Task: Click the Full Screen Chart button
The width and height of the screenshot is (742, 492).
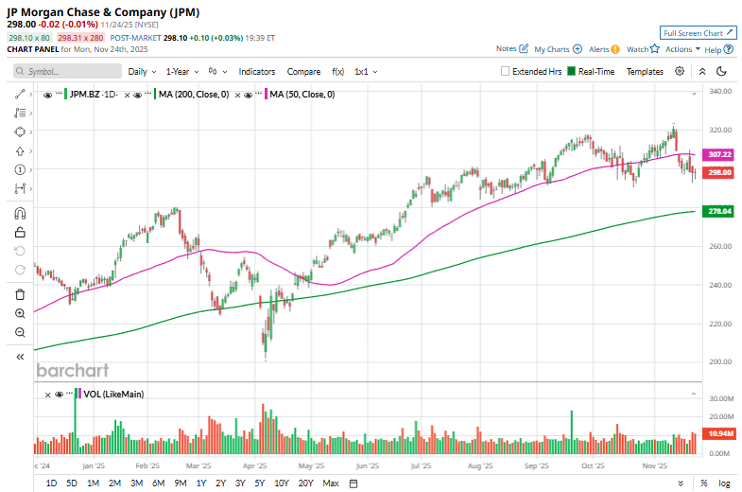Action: (x=698, y=32)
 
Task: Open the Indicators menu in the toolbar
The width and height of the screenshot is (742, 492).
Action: (x=257, y=71)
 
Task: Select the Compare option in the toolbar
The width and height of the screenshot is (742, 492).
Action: (x=303, y=71)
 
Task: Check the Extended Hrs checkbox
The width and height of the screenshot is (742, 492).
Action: (x=506, y=71)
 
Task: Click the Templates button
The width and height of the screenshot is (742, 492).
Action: (x=645, y=71)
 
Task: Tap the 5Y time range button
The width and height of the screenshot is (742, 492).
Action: (x=259, y=483)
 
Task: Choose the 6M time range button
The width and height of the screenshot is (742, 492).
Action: (x=158, y=483)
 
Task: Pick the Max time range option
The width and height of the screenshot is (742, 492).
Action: (x=330, y=483)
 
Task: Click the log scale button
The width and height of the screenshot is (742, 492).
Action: (x=724, y=483)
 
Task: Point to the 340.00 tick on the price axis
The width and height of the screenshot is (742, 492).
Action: (x=721, y=92)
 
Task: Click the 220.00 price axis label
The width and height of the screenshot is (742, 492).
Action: (x=721, y=324)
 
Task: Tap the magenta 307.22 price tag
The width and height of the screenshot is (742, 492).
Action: (x=720, y=154)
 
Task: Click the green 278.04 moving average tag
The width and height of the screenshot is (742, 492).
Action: (x=720, y=212)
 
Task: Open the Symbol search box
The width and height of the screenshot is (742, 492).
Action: (x=68, y=71)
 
